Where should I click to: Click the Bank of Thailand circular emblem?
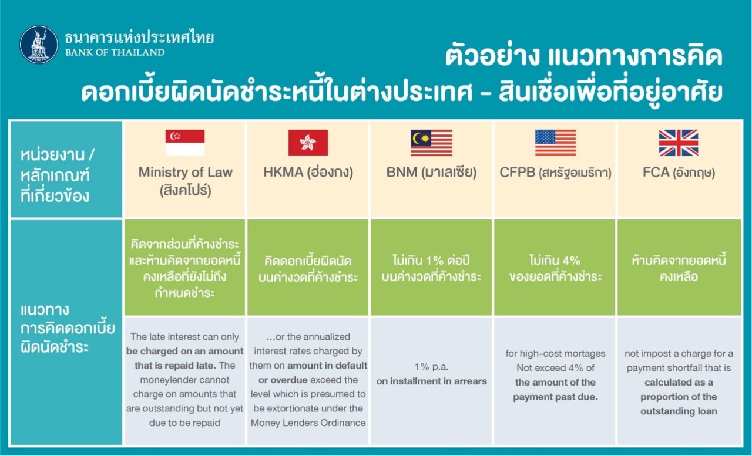39,45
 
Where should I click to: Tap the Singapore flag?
185,143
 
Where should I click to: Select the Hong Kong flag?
308,143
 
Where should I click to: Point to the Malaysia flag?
432,143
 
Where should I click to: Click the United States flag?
556,143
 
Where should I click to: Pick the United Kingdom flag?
679,143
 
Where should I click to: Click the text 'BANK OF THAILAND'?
115,52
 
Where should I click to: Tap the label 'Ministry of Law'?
185,173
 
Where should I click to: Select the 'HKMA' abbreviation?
283,173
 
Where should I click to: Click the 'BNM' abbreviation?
402,173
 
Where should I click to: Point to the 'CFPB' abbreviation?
518,173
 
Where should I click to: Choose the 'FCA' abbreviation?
656,173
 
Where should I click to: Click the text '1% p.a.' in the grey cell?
431,367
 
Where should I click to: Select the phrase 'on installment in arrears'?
431,381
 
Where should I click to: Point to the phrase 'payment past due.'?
556,397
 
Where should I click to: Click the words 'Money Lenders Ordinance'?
308,423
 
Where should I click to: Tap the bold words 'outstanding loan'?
679,411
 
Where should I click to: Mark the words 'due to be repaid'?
184,423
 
